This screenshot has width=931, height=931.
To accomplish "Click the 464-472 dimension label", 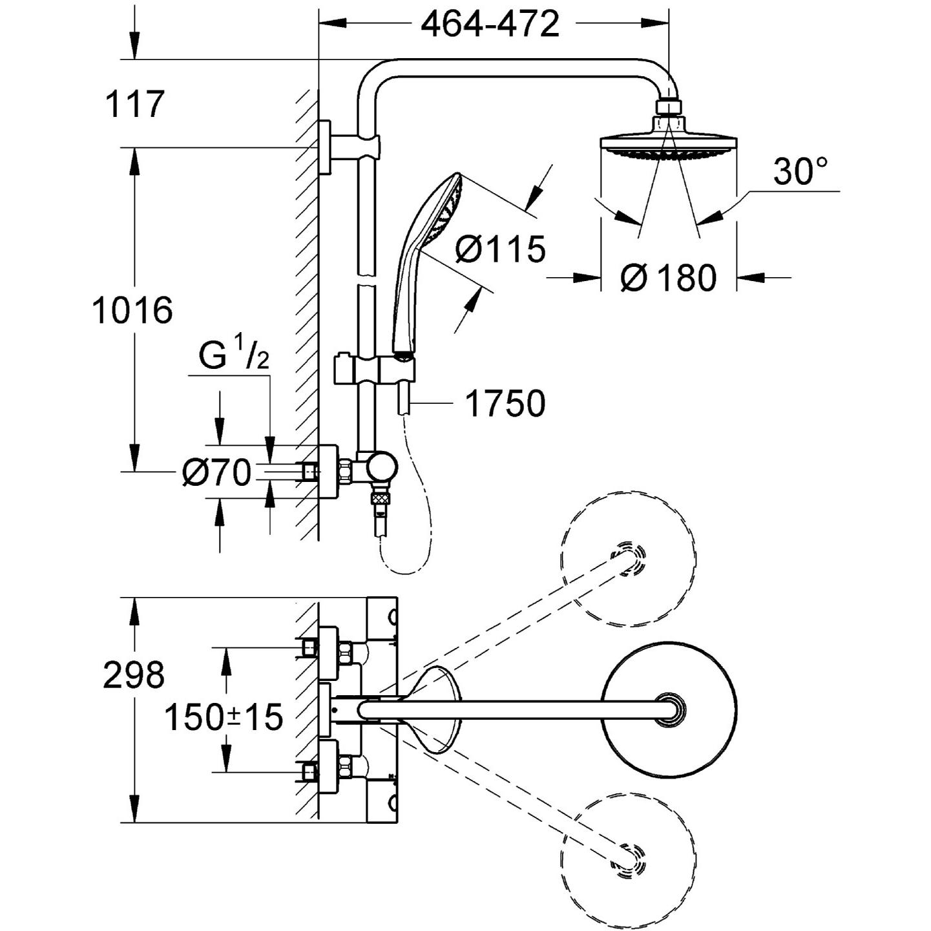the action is pos(490,24).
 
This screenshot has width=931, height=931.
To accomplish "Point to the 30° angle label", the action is pos(800,171).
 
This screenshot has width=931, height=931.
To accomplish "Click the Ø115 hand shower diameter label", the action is pos(501,249).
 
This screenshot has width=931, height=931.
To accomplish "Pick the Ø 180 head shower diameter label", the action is pos(669,278).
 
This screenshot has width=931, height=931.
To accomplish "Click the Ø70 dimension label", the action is pos(217,472).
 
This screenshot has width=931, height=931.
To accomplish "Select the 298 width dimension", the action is pos(134,675).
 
